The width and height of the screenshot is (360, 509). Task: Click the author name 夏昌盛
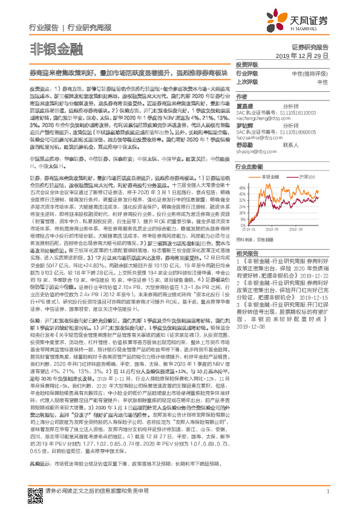pyautogui.click(x=245, y=105)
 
